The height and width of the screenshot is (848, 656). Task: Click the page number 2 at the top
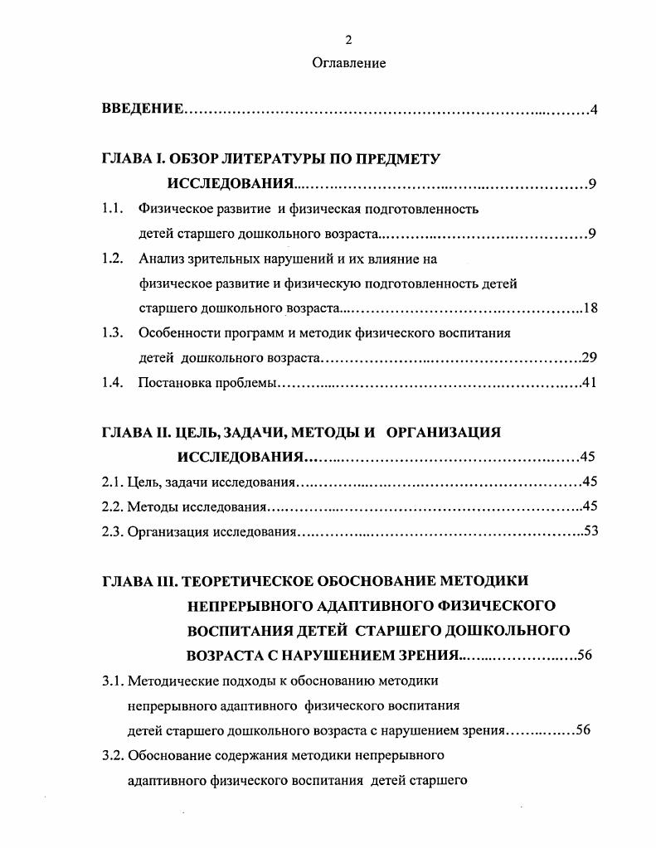tap(348, 40)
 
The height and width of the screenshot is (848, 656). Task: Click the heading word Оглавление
tap(348, 63)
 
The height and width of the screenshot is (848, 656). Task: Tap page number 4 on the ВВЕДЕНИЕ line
tap(594, 110)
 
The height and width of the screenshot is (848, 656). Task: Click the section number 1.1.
tap(113, 209)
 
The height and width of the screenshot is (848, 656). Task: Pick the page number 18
tap(590, 309)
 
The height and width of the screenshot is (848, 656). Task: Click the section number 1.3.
tap(113, 333)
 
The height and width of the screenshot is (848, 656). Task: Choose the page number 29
tap(589, 359)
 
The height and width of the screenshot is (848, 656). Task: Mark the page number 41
tap(589, 383)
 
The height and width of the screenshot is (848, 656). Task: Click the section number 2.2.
tap(113, 506)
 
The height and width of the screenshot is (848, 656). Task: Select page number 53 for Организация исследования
tap(590, 531)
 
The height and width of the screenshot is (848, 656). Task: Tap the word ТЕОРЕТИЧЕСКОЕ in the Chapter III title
tap(252, 580)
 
